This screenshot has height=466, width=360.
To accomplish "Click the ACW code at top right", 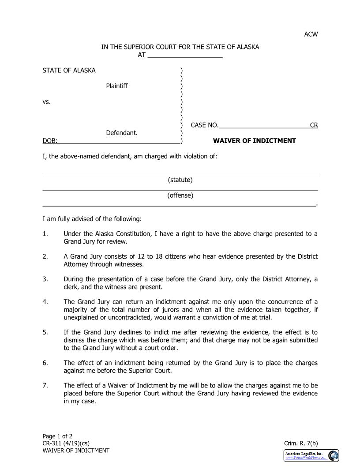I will click(311, 34).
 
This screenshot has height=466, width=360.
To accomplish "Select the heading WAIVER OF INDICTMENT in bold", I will click(255, 141).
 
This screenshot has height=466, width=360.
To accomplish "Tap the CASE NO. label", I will click(204, 125).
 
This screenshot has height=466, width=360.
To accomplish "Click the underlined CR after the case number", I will click(314, 125).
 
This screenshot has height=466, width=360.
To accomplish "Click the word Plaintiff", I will click(116, 86).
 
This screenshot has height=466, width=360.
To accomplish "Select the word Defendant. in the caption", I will click(122, 132).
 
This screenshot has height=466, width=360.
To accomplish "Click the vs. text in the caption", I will click(46, 101).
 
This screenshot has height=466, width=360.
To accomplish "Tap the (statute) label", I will click(180, 180).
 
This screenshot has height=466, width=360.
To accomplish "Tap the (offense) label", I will click(180, 195).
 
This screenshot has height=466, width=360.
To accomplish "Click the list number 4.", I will click(45, 302).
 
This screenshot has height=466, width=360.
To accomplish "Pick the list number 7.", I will click(45, 386).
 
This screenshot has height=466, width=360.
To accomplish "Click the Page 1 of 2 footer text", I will click(57, 436).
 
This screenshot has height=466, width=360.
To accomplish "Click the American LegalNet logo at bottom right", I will click(311, 456).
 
